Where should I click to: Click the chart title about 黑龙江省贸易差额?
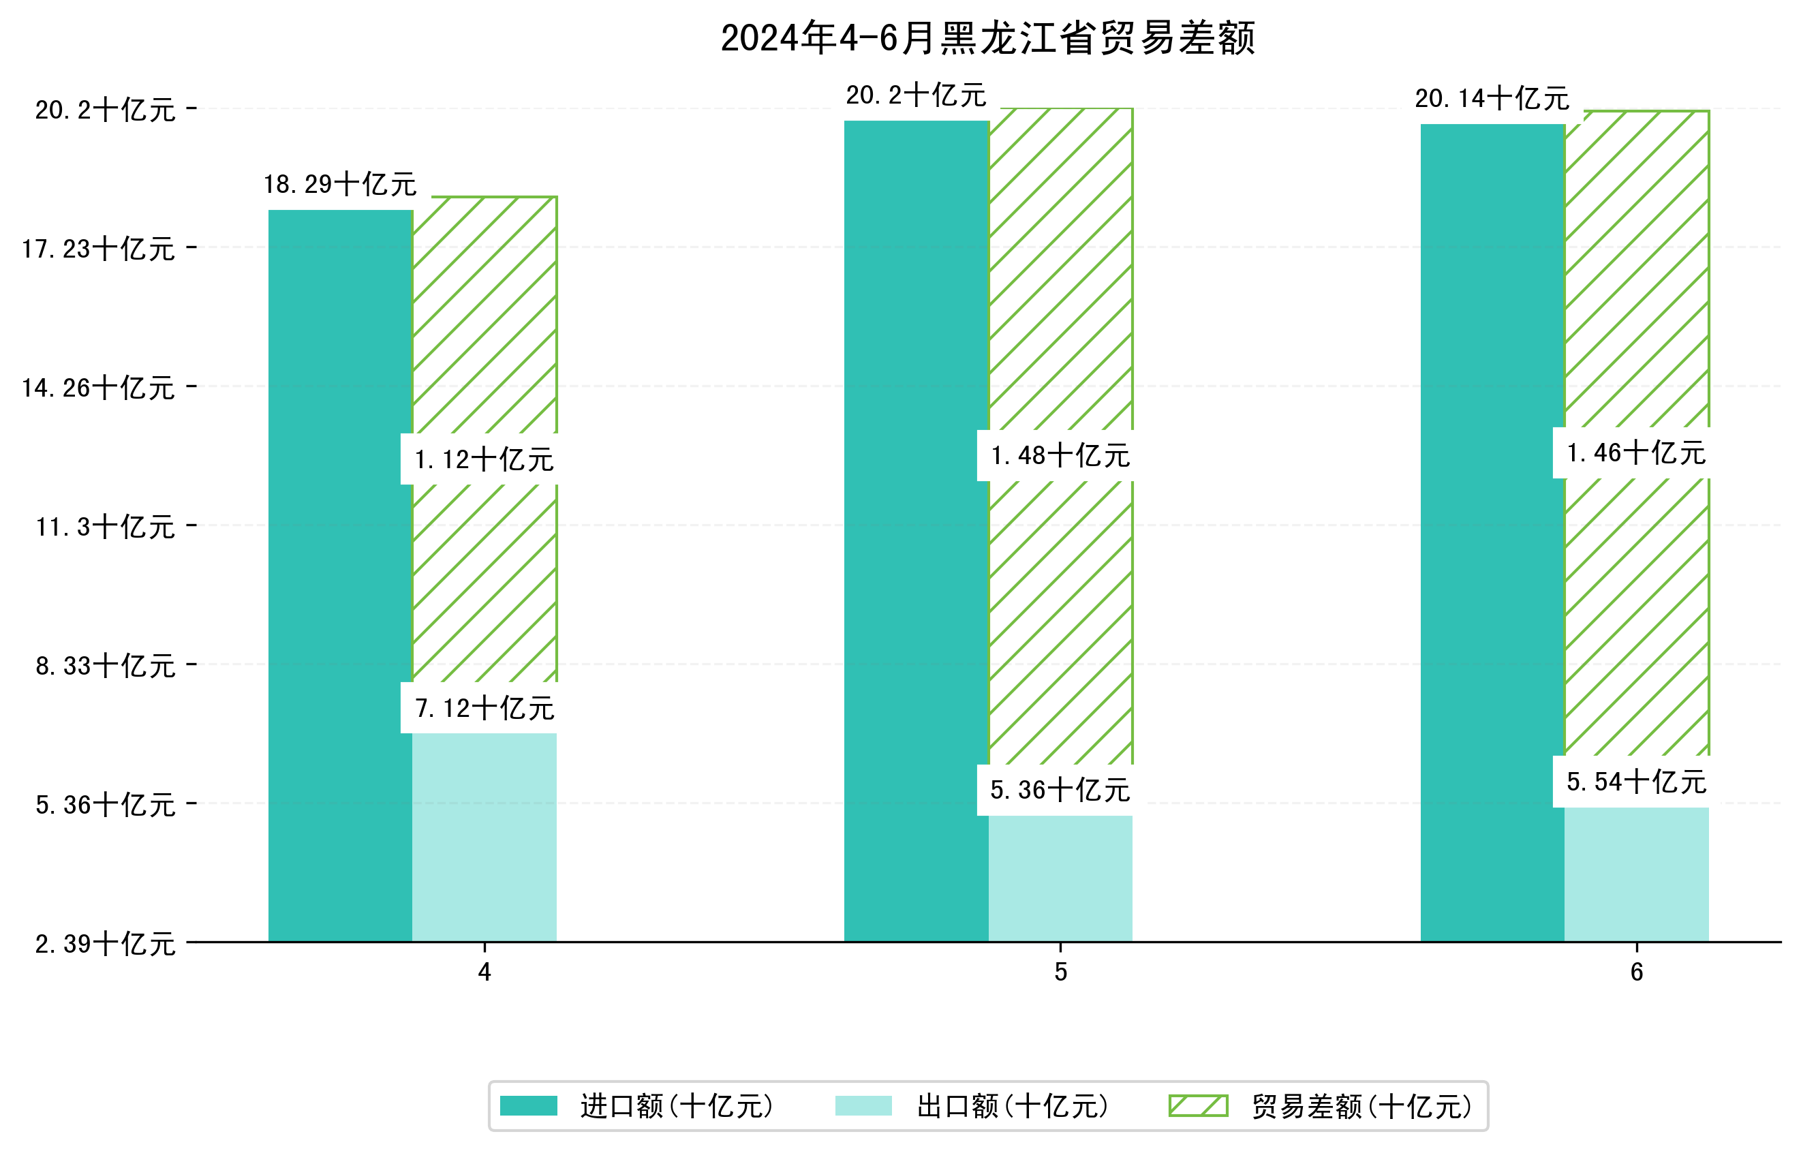(x=987, y=38)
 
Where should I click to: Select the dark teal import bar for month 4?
(x=340, y=576)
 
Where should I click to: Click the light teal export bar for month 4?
(x=484, y=838)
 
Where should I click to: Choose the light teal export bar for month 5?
(x=1060, y=879)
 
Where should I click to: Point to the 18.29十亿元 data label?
(x=340, y=184)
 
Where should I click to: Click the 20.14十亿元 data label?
(x=1492, y=99)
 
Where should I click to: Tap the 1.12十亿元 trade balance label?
(x=484, y=459)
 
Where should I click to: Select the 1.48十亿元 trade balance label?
(x=1060, y=455)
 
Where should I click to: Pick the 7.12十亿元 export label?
(x=484, y=707)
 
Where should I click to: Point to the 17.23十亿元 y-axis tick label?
(x=99, y=248)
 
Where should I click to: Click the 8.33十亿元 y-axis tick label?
(x=106, y=665)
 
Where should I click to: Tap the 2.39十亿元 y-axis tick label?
(x=106, y=943)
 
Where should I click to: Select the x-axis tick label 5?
(x=1060, y=972)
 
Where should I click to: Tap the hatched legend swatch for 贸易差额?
(x=1198, y=1106)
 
